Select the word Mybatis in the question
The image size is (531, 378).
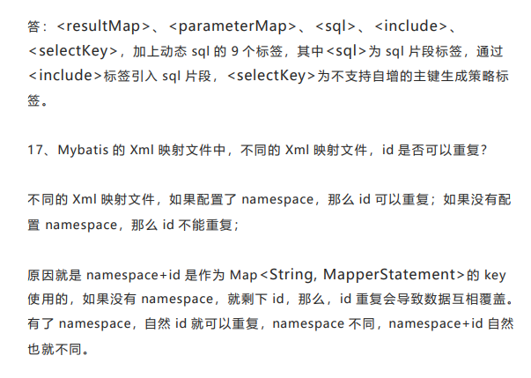(83, 151)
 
